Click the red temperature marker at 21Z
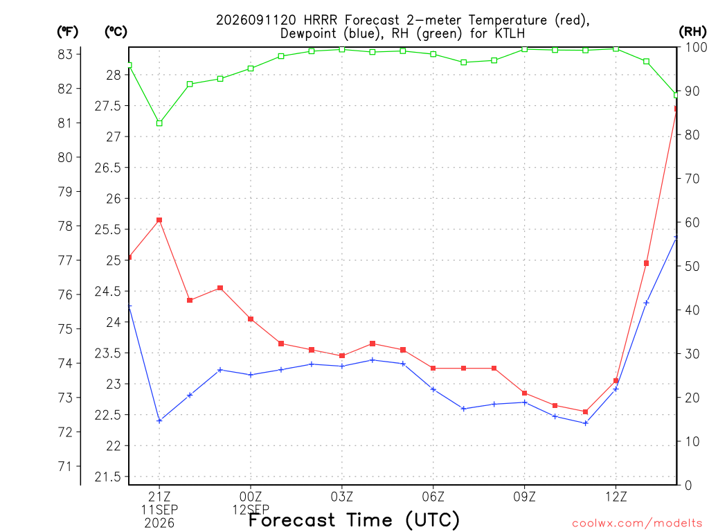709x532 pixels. click(159, 220)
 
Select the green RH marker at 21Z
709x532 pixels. click(159, 123)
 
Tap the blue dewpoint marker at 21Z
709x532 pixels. click(159, 420)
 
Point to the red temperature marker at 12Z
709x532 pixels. click(616, 381)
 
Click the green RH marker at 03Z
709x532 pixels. click(342, 49)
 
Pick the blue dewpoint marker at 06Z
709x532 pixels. click(433, 389)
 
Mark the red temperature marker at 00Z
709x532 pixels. click(251, 319)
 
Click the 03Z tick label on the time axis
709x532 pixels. click(342, 497)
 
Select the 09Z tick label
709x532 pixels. click(525, 497)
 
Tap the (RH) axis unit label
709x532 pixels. click(692, 31)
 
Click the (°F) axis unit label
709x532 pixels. click(67, 32)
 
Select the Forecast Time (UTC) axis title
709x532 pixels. click(354, 520)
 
